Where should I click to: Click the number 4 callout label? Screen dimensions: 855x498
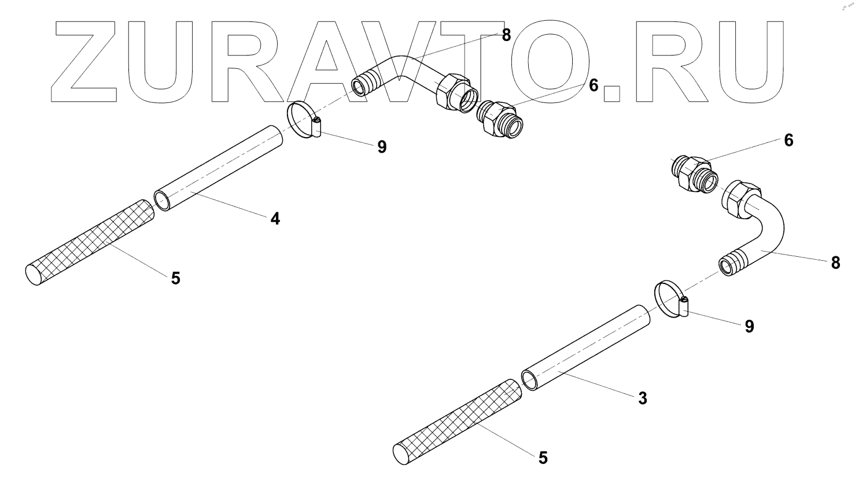(x=275, y=219)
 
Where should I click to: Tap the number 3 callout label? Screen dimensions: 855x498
(x=643, y=399)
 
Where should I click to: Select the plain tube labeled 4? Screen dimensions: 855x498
(x=218, y=168)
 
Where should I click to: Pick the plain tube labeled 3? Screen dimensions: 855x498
(x=586, y=348)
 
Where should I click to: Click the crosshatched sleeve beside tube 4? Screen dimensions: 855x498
(x=90, y=242)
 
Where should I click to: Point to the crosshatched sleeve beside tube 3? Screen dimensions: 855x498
(x=457, y=422)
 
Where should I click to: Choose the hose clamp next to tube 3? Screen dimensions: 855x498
(x=672, y=299)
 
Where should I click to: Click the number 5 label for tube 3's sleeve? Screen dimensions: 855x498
(x=543, y=458)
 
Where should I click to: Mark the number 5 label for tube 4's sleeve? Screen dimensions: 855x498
(x=176, y=279)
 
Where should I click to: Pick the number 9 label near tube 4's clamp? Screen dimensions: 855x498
(x=382, y=147)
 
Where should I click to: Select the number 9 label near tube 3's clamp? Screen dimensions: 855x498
(x=750, y=327)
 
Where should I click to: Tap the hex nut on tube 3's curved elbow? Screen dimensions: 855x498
(x=741, y=199)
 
